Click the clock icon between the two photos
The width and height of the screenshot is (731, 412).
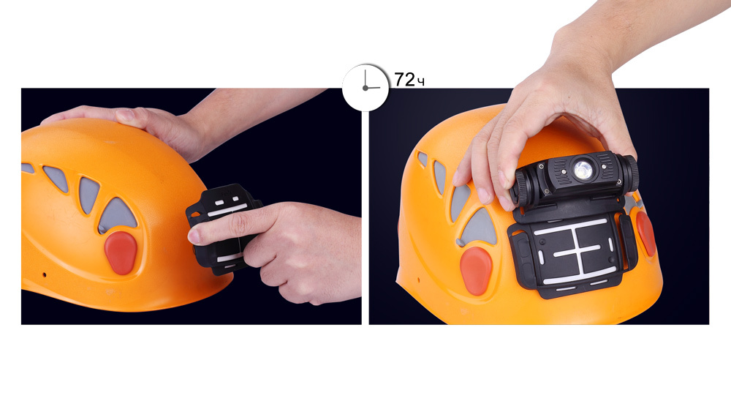[x=365, y=88]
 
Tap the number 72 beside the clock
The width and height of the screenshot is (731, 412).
[x=404, y=80]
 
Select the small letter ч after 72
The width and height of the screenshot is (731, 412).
[x=420, y=83]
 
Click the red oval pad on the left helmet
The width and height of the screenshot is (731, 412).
[x=121, y=252]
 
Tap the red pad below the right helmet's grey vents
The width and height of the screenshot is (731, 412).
[x=476, y=271]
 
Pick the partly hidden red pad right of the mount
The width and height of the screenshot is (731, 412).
[x=646, y=233]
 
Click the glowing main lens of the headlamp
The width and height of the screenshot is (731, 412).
[x=583, y=170]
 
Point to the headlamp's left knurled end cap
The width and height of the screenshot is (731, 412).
[x=522, y=187]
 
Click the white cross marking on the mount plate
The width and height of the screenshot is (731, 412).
[x=577, y=251]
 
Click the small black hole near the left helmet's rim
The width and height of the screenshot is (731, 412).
[x=45, y=274]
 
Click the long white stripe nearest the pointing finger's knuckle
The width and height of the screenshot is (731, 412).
[x=227, y=211]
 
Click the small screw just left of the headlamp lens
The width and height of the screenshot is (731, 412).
[x=564, y=171]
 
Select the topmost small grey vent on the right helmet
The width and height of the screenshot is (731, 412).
[x=422, y=159]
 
